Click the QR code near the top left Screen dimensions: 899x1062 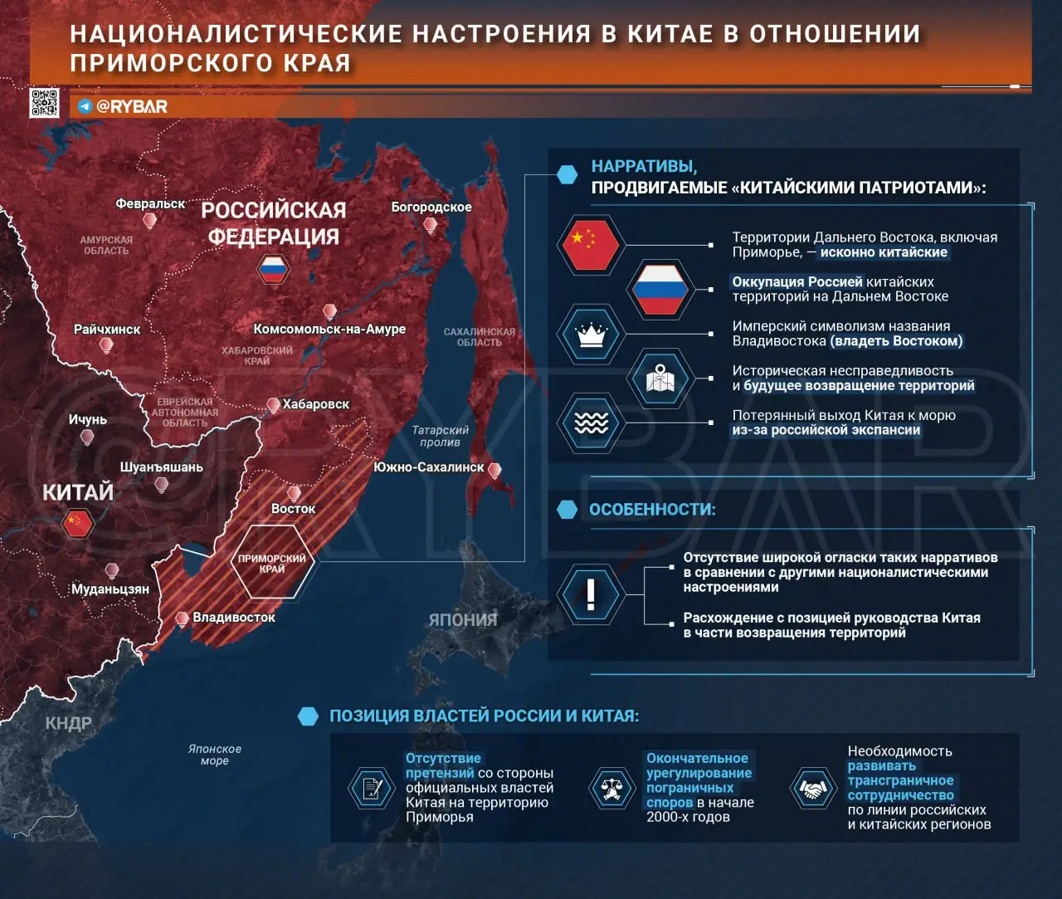click(x=44, y=103)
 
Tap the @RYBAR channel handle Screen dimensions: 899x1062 click(x=131, y=106)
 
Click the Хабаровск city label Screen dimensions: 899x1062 click(x=315, y=404)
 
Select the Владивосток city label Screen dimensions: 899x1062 click(x=233, y=618)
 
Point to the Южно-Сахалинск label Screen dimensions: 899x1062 click(x=428, y=467)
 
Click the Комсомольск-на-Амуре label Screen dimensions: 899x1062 click(x=329, y=329)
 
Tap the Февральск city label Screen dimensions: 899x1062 click(x=150, y=203)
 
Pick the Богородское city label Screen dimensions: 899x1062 click(x=431, y=207)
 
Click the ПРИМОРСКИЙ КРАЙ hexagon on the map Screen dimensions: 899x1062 click(x=271, y=563)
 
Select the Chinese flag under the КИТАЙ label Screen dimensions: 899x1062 click(x=77, y=523)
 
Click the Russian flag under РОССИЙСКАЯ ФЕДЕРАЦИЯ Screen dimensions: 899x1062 click(x=272, y=269)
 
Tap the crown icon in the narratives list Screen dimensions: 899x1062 click(x=591, y=335)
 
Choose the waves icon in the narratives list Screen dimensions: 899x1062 click(x=591, y=423)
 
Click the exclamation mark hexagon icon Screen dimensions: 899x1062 click(x=591, y=594)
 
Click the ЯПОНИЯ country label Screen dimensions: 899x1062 click(x=463, y=619)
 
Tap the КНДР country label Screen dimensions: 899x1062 click(x=68, y=723)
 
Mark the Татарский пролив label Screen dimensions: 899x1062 click(x=441, y=436)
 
